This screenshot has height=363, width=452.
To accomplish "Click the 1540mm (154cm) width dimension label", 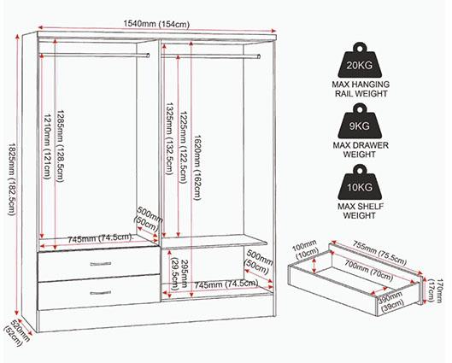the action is pyautogui.click(x=156, y=24).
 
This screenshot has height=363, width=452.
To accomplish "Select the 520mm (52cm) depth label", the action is pyautogui.click(x=17, y=333).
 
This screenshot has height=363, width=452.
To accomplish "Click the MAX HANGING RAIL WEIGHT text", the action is pyautogui.click(x=361, y=89).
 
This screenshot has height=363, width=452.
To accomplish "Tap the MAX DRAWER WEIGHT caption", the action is pyautogui.click(x=361, y=149).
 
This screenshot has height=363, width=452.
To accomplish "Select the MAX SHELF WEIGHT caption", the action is pyautogui.click(x=361, y=211).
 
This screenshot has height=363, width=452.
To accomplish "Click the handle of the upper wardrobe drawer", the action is pyautogui.click(x=101, y=264).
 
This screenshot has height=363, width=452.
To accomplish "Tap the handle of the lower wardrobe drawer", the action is pyautogui.click(x=101, y=293).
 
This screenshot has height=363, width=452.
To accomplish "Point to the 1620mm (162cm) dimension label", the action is pyautogui.click(x=197, y=167).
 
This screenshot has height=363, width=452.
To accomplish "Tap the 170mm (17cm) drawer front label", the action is pyautogui.click(x=434, y=290).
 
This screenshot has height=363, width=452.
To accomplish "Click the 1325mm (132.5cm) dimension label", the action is pyautogui.click(x=169, y=138).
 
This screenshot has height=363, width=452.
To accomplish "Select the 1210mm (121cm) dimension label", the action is pyautogui.click(x=47, y=146).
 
